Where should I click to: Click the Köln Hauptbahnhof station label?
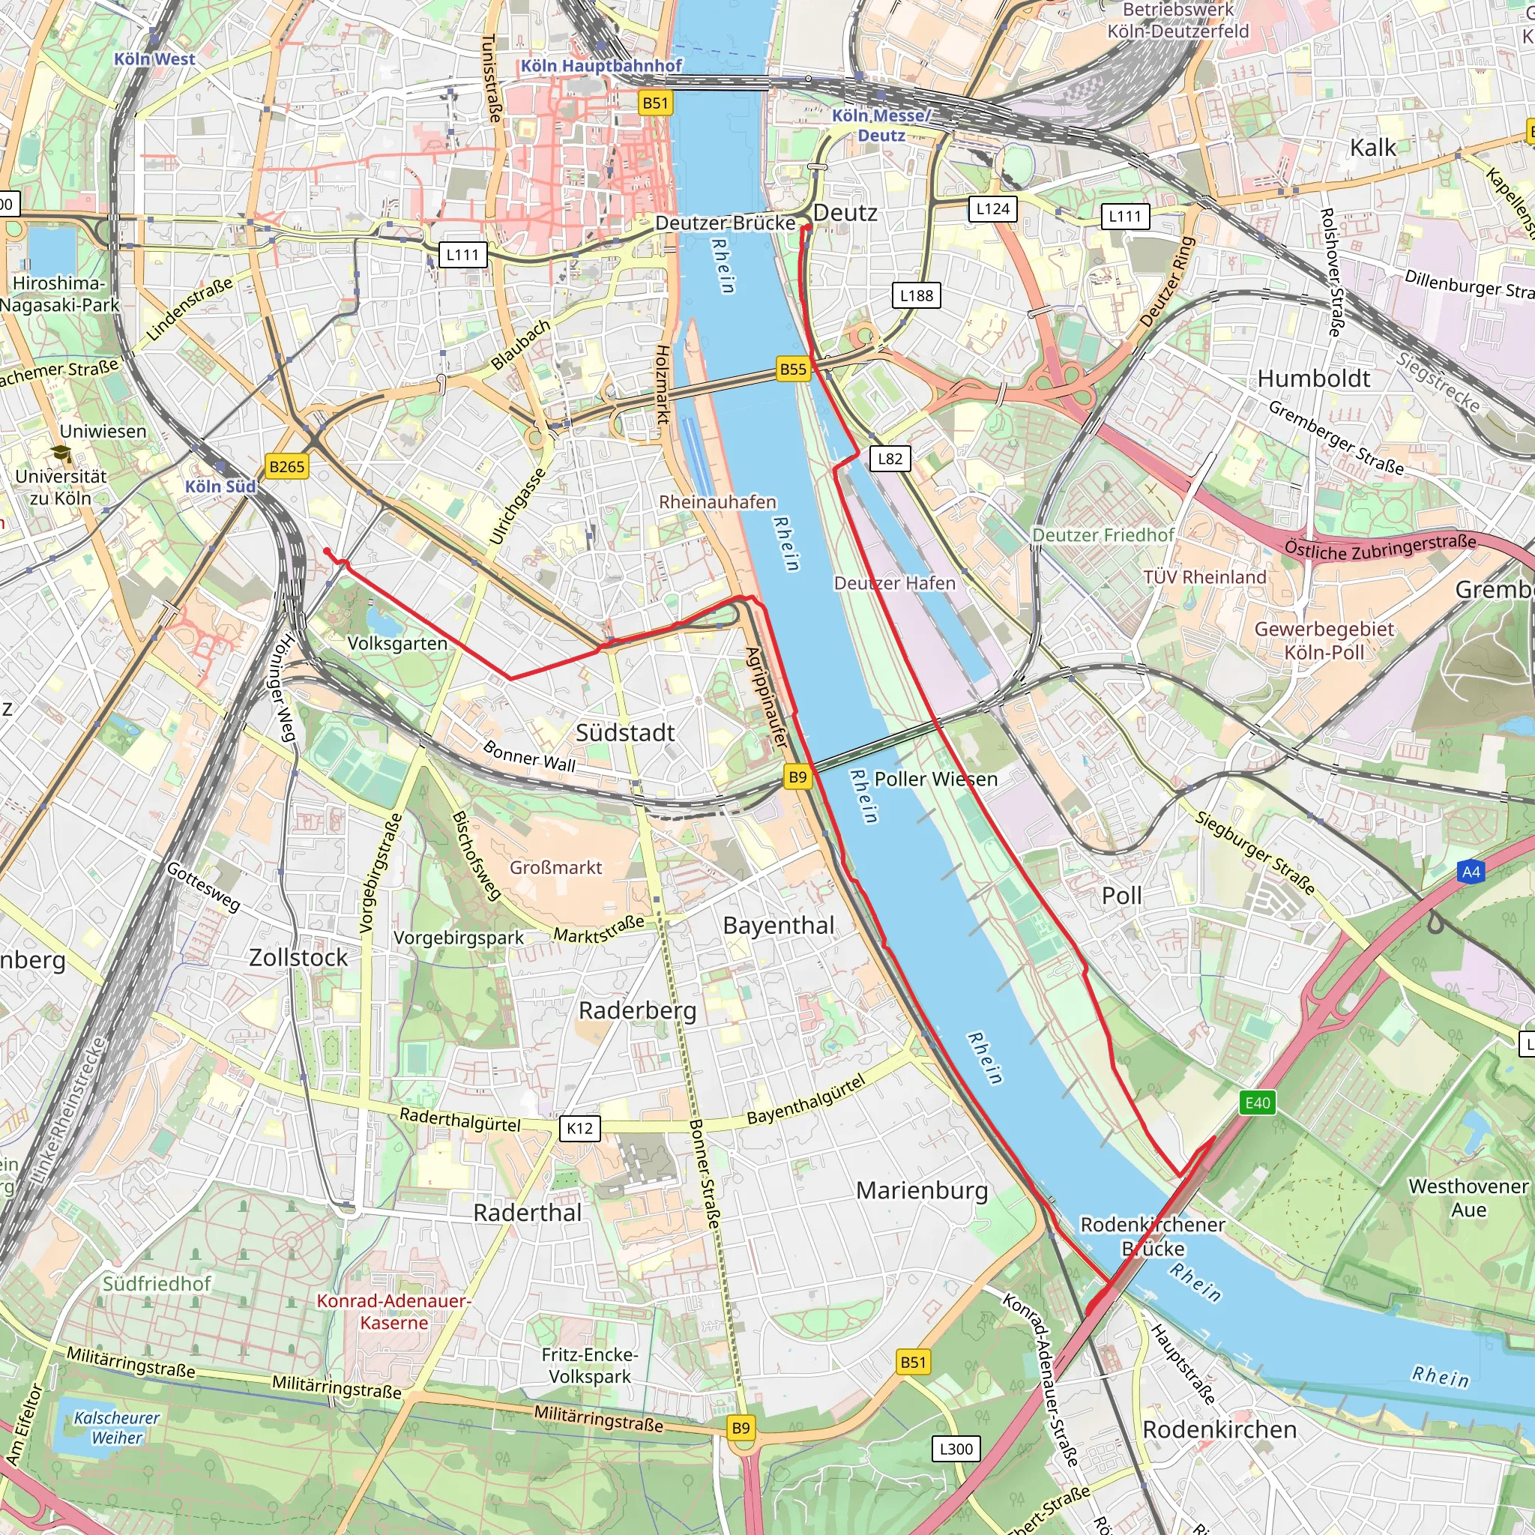click(601, 66)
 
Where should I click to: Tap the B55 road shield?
click(793, 369)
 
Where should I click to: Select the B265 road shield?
click(287, 466)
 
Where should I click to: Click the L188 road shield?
click(916, 295)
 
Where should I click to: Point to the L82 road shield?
click(890, 459)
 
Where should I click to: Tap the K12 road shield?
click(579, 1128)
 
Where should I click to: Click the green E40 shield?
click(1258, 1103)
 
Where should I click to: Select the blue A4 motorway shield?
click(1471, 872)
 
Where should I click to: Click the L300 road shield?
click(956, 1448)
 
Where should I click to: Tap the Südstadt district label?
click(625, 732)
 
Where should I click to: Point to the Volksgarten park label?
click(397, 643)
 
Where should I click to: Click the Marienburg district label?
click(922, 1190)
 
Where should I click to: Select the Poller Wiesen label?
click(936, 779)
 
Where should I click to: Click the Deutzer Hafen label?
click(895, 583)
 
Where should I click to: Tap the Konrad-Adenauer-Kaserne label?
click(394, 1312)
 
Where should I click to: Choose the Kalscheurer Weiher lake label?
click(117, 1428)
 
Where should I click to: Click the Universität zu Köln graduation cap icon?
click(62, 454)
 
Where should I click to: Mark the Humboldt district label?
click(1313, 379)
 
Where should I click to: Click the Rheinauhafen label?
click(717, 502)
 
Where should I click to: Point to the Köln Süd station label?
click(220, 486)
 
